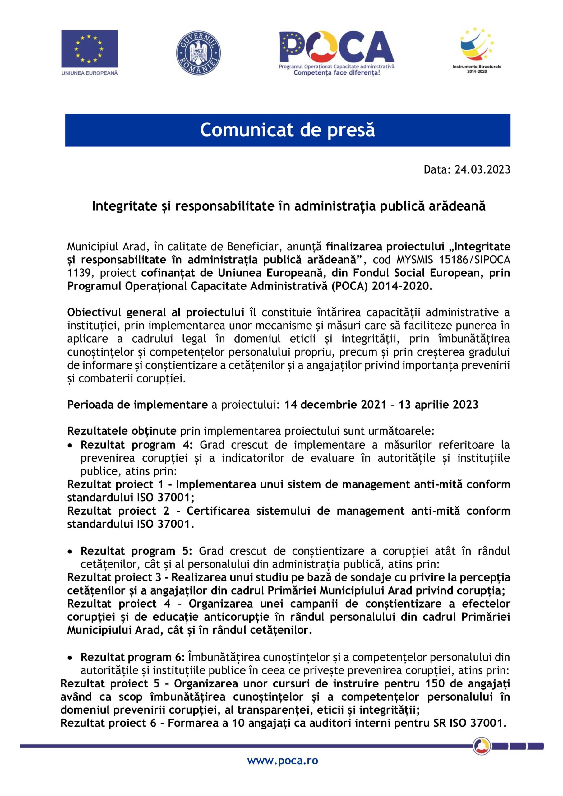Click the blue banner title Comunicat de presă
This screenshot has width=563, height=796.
(287, 130)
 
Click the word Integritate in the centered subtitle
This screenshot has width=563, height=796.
(120, 206)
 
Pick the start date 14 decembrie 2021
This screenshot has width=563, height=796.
(335, 404)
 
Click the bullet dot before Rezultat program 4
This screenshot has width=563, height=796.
(70, 445)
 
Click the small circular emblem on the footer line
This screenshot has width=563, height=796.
(482, 745)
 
